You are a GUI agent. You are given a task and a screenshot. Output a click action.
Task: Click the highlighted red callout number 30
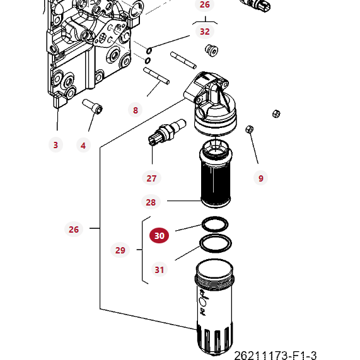tap(159, 236)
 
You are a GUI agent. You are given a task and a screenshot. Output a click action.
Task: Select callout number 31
tap(160, 270)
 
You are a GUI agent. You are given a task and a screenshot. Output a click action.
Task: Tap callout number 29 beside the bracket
tap(120, 250)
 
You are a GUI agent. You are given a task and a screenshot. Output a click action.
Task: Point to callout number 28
tap(151, 202)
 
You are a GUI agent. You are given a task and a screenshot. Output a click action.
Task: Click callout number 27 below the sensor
tap(151, 178)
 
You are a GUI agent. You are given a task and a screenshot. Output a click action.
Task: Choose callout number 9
tap(260, 178)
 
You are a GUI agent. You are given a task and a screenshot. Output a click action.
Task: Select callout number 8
tap(135, 110)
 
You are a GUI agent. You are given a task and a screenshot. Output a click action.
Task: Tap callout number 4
tap(83, 146)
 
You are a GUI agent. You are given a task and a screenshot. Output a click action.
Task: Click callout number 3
tap(55, 145)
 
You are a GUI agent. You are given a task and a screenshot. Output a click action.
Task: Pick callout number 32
tap(204, 31)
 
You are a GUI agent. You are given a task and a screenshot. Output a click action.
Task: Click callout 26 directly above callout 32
tap(204, 5)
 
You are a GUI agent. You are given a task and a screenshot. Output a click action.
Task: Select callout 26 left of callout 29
tap(74, 229)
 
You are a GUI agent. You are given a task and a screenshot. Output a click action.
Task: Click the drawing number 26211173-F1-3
tap(275, 356)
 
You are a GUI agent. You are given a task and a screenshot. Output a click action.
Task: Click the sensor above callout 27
tap(165, 132)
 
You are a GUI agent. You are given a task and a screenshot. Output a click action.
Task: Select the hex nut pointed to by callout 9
tap(249, 129)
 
